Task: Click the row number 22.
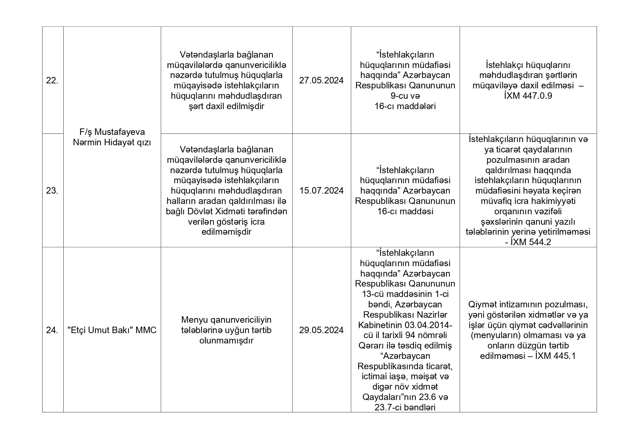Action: (52, 80)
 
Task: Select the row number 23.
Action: (52, 191)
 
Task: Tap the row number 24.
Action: (52, 330)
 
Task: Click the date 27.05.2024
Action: (321, 80)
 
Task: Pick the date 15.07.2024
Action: (321, 191)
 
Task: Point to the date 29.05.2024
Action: (321, 330)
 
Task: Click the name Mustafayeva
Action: (120, 132)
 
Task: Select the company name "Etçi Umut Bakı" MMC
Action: (112, 330)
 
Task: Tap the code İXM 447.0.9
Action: (528, 96)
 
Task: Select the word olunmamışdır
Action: (226, 341)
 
